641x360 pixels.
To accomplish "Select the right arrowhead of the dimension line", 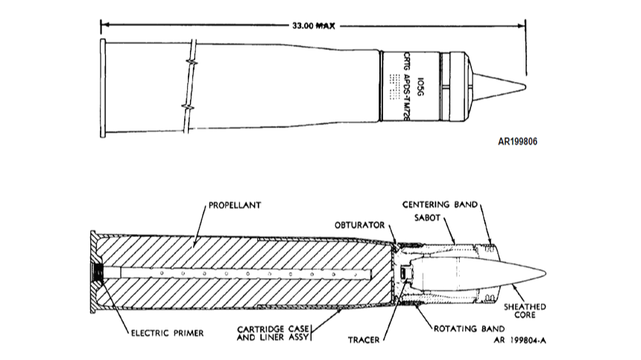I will point(523,25).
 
